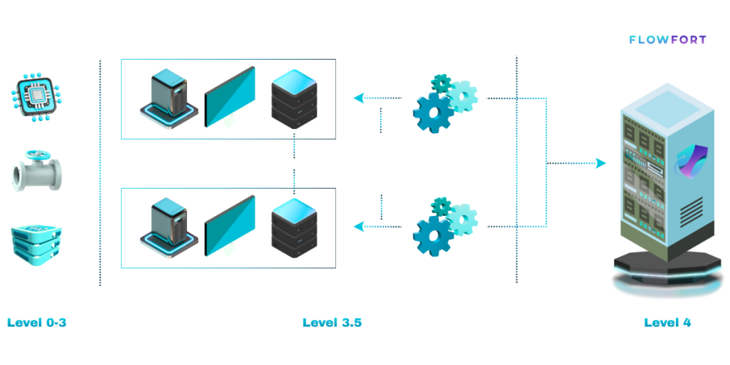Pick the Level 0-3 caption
tap(37, 322)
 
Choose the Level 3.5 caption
tap(332, 322)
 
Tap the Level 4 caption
tap(667, 322)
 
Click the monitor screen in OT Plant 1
tap(230, 98)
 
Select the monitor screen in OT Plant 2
tap(230, 227)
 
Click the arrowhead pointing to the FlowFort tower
tap(600, 164)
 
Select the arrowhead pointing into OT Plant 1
tap(359, 98)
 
